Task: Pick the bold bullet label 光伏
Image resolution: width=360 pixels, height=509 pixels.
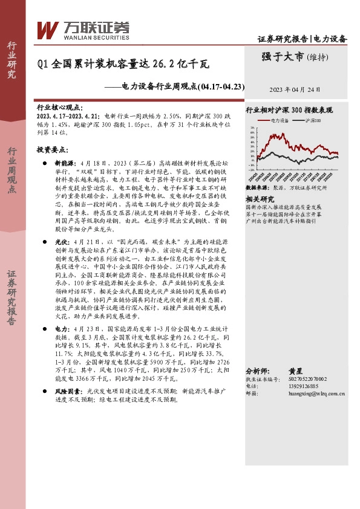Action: pos(61,241)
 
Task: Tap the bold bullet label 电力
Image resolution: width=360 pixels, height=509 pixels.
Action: pos(61,328)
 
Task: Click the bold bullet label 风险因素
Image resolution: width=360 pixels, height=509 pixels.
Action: pos(68,392)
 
